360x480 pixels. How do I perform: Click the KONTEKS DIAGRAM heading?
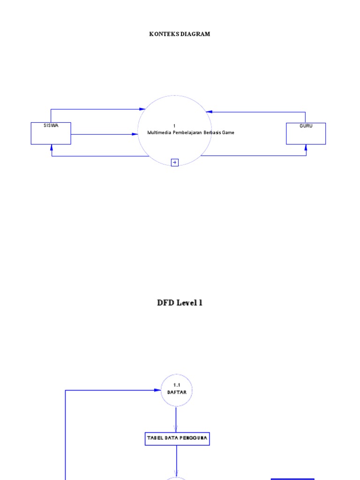(x=180, y=34)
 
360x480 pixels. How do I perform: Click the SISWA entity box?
(x=51, y=133)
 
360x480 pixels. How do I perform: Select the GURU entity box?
(x=306, y=133)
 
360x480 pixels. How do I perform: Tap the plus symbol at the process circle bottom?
(x=175, y=163)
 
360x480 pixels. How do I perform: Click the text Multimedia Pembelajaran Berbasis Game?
(x=190, y=133)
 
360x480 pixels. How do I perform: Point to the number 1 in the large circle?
(x=174, y=126)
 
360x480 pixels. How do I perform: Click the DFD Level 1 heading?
(x=180, y=303)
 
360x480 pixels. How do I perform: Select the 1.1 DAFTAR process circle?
(x=177, y=390)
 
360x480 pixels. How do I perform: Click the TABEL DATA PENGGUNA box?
(x=177, y=439)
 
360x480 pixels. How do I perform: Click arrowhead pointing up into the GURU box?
(x=306, y=147)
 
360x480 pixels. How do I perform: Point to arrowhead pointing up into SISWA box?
(x=52, y=147)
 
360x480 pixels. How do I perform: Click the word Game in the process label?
(x=228, y=133)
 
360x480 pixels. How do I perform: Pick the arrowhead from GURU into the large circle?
(x=209, y=112)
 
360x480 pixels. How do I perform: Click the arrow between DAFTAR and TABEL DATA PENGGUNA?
(x=177, y=420)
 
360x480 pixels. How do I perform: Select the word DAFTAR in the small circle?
(x=177, y=393)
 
